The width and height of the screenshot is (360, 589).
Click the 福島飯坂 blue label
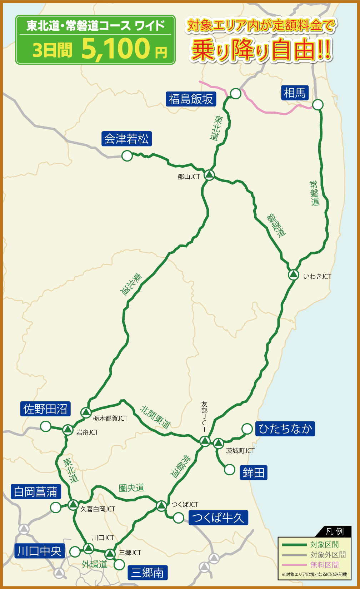tap(191, 99)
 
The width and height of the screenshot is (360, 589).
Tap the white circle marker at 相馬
tap(317, 105)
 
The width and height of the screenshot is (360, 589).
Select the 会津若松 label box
tap(126, 139)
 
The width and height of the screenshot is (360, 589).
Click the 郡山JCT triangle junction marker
tap(209, 175)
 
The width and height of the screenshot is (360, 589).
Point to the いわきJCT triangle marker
tap(293, 274)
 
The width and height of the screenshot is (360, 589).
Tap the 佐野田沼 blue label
tap(45, 409)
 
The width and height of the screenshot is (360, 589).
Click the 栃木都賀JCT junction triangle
tap(86, 412)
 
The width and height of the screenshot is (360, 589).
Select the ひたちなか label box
tap(285, 429)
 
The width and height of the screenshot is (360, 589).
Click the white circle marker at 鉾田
tap(230, 469)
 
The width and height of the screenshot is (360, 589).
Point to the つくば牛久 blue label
tap(218, 518)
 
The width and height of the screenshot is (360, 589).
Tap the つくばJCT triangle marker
tap(161, 505)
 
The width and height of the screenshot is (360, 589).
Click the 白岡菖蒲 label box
tap(36, 492)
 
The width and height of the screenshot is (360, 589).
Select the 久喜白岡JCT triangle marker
tap(73, 505)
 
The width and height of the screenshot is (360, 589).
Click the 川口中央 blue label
tap(39, 551)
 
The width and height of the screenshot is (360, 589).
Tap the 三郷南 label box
tap(147, 573)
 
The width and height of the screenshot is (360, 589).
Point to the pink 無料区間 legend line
tap(294, 565)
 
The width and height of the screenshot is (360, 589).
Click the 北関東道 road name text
tap(155, 417)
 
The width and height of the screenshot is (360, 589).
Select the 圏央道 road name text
tap(131, 488)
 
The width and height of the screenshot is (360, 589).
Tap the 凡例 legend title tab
tap(334, 531)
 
